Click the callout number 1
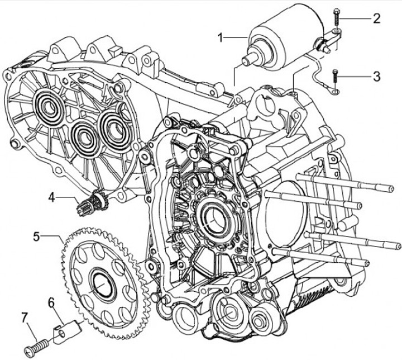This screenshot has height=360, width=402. coord(221,37)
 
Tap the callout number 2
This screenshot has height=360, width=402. coord(377,18)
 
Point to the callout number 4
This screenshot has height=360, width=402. coord(51,197)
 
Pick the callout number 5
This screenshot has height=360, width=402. coord(37,236)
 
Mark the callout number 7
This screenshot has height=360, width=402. coord(24,318)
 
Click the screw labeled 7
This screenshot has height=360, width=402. coord(37,345)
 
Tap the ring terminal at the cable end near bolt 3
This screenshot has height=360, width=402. coord(335,89)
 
